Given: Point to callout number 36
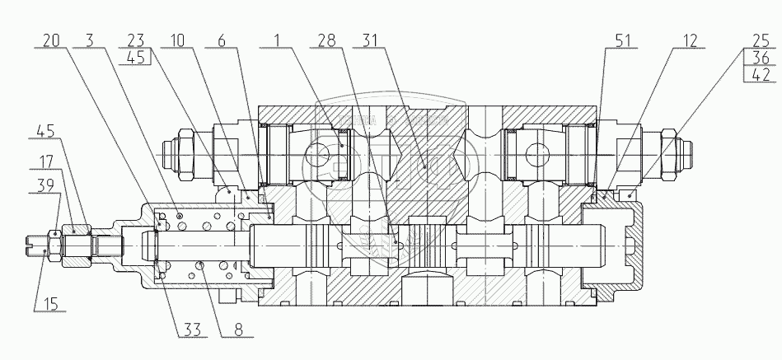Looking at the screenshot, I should click(761, 58).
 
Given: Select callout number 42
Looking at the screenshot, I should click(761, 74).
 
